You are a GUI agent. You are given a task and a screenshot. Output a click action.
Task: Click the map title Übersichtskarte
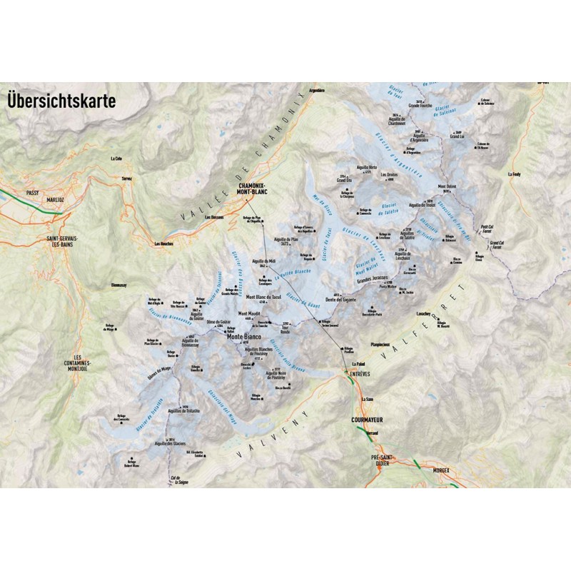(x=61, y=100)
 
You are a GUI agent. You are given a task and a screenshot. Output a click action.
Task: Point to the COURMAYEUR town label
(x=368, y=420)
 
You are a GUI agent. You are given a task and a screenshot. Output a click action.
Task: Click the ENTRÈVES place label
(x=358, y=373)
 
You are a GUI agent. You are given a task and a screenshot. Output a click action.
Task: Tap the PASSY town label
(x=32, y=192)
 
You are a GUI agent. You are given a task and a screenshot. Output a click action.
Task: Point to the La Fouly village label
(x=515, y=173)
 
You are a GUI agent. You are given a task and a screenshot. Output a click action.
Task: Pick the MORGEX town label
(x=443, y=472)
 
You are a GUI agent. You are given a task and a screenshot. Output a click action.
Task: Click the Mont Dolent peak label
(x=446, y=187)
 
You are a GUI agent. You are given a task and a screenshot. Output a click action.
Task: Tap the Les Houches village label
(x=166, y=243)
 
